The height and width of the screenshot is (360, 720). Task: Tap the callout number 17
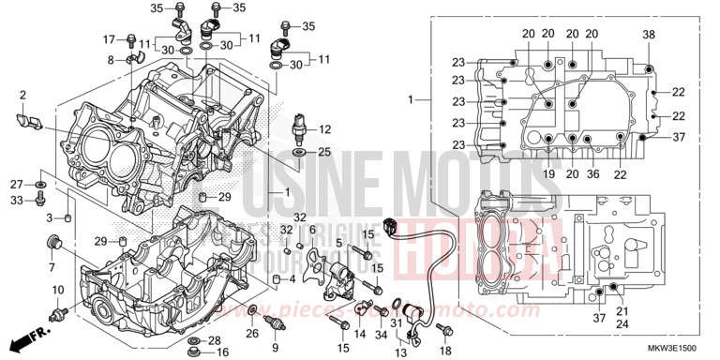[x=109, y=38]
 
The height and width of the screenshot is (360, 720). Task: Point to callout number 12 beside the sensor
[x=325, y=129]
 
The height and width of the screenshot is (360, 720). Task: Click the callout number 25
[x=325, y=151]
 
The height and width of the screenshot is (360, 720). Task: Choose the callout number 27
[x=17, y=184]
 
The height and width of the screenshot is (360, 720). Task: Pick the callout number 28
[x=215, y=339]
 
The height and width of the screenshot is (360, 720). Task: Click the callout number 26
[x=251, y=333]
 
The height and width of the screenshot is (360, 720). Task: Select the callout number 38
[x=648, y=35]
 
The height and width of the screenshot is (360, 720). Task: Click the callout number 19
[x=547, y=173]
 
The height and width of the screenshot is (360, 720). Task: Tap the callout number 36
[x=592, y=173]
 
